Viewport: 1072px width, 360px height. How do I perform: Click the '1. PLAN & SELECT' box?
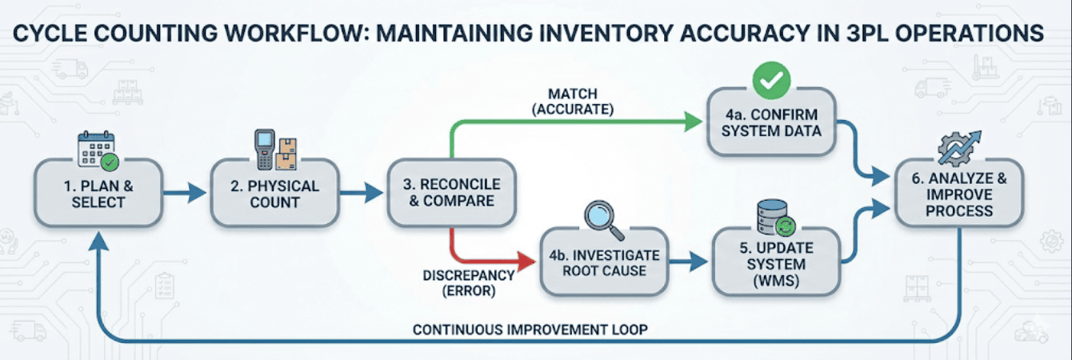pos(99,193)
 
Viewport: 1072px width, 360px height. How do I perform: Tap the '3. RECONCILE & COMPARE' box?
pos(451,193)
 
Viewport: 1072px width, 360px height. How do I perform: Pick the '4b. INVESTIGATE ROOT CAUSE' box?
pos(604,262)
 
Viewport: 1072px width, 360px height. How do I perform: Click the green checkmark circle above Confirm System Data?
pos(771,78)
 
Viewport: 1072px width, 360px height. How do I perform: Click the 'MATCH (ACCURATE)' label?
pos(570,102)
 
